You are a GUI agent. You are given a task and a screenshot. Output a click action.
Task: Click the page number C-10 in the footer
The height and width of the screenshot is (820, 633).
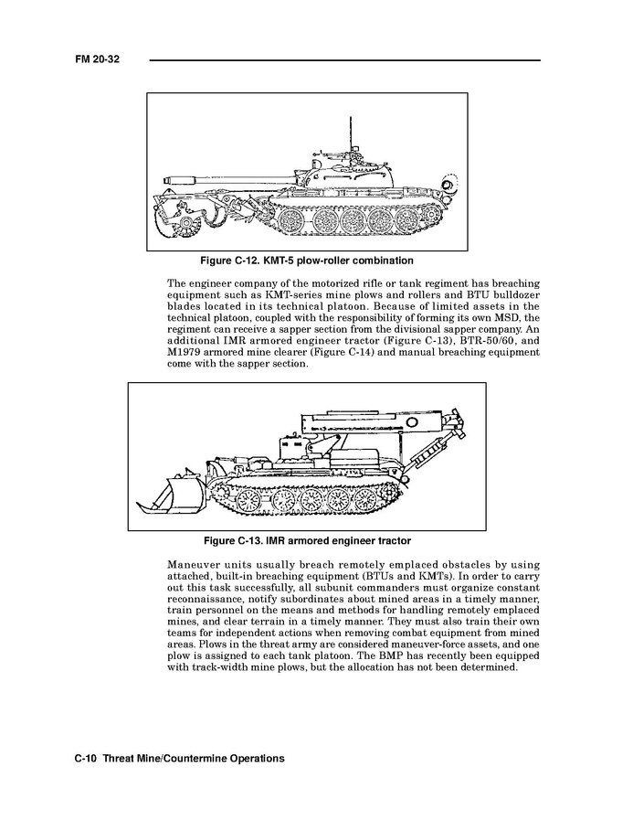click(86, 759)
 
